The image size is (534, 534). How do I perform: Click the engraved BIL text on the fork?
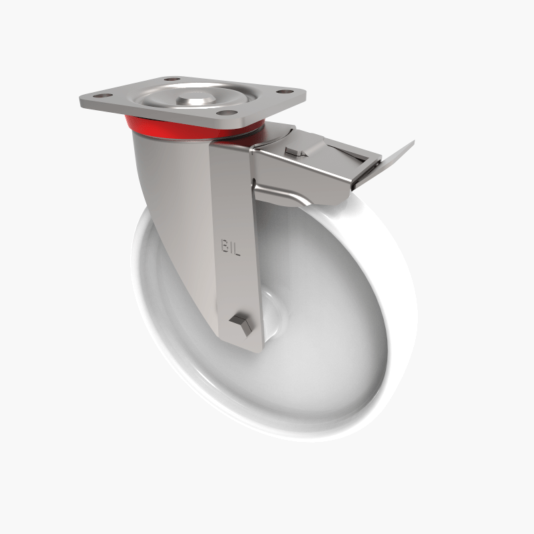pos(232,245)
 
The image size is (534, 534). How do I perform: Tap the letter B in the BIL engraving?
pos(225,245)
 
